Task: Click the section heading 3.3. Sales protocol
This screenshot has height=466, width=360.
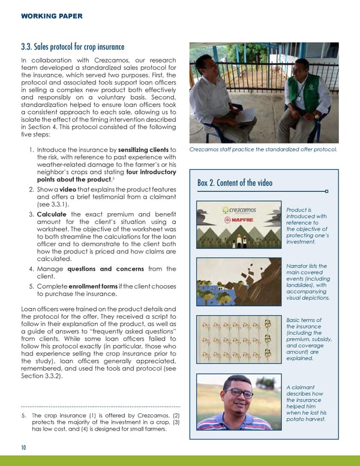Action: pyautogui.click(x=72, y=47)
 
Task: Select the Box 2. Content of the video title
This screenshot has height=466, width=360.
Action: pyautogui.click(x=235, y=183)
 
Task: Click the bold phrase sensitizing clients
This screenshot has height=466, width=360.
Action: pyautogui.click(x=139, y=150)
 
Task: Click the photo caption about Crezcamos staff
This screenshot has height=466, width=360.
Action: pyautogui.click(x=262, y=150)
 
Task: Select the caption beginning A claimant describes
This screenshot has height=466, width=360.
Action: pyautogui.click(x=307, y=404)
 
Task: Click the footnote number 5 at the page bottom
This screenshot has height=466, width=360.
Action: pyautogui.click(x=23, y=416)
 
